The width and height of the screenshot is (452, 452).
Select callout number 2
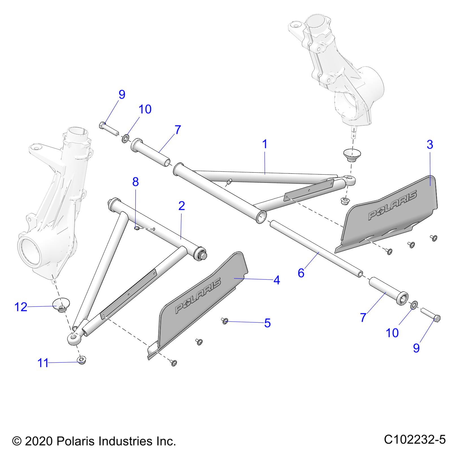click(x=182, y=206)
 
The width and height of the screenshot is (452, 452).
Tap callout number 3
click(x=430, y=145)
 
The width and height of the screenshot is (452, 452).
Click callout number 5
click(x=267, y=323)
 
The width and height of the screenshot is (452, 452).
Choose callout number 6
click(x=301, y=273)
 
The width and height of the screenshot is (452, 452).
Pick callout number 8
click(x=136, y=182)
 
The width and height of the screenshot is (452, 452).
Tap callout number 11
click(x=43, y=363)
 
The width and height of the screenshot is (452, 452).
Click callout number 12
click(x=21, y=307)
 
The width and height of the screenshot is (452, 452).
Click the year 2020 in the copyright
click(x=38, y=441)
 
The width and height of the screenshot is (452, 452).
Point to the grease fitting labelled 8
click(x=136, y=228)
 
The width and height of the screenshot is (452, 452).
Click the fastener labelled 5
click(x=225, y=321)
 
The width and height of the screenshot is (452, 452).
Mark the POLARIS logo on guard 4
click(x=197, y=295)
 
